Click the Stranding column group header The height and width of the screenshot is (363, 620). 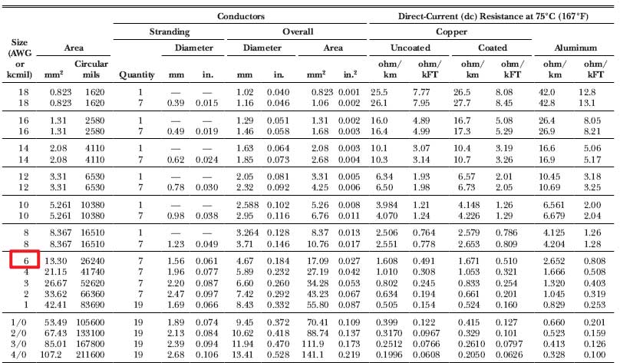tap(170, 32)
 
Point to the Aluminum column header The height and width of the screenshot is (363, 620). tap(575, 48)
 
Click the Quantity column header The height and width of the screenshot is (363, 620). tap(137, 74)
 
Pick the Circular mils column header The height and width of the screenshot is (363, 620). tap(91, 69)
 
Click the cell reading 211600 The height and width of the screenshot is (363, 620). tap(91, 355)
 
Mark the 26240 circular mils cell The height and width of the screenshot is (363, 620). tap(91, 260)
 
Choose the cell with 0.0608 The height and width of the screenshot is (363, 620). tap(429, 355)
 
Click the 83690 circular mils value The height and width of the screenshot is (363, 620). tap(91, 303)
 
